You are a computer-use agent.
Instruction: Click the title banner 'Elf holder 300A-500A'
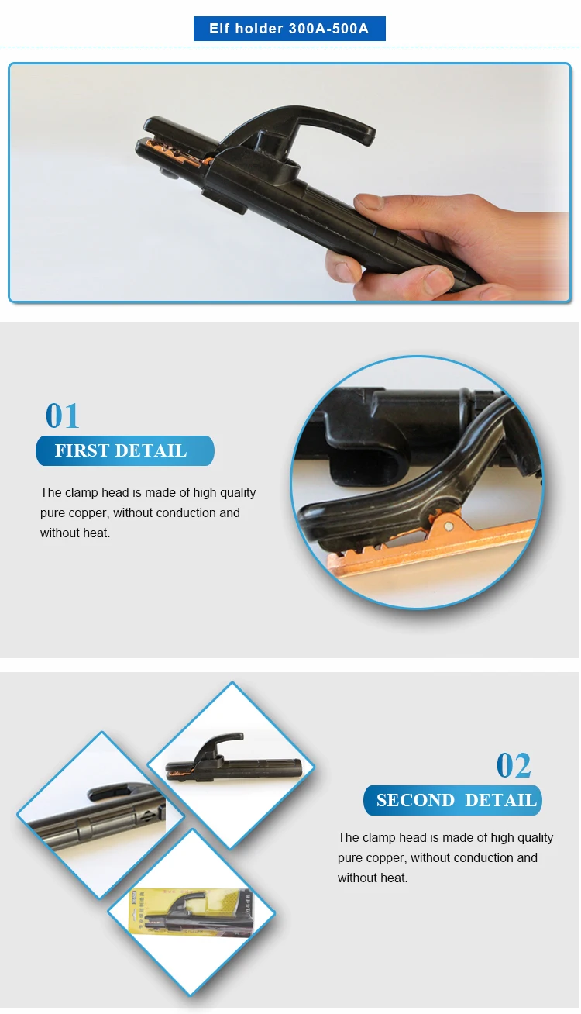[289, 29]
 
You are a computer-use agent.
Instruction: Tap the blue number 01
[62, 416]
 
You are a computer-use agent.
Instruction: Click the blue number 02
[514, 766]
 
